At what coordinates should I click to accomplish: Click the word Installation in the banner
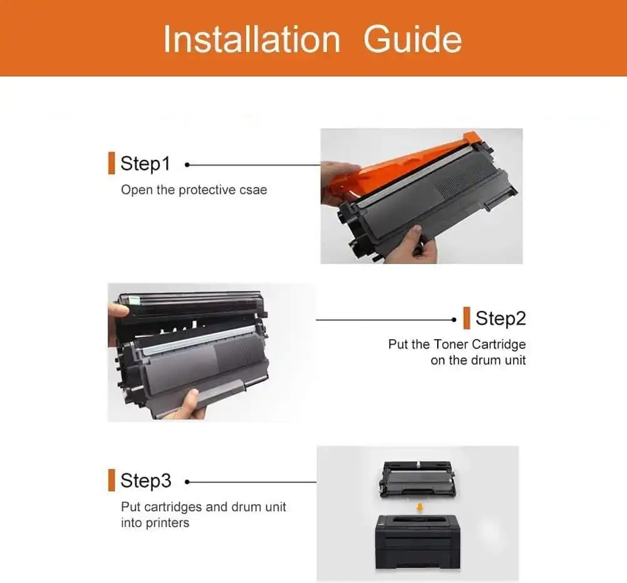tap(252, 39)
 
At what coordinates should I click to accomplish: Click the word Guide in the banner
tap(413, 39)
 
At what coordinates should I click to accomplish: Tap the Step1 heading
tap(145, 164)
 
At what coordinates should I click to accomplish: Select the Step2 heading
tap(500, 318)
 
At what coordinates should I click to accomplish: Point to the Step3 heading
tap(146, 481)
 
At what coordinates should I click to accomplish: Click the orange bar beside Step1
tap(111, 163)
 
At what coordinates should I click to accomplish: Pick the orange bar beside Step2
tap(467, 318)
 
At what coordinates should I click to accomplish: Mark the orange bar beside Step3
tap(111, 480)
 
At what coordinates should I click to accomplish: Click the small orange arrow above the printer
tap(420, 507)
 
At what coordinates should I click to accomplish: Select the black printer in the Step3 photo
tap(418, 542)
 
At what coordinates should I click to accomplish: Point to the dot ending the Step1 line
tap(187, 164)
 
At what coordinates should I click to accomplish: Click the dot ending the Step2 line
tap(453, 320)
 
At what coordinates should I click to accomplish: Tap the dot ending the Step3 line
tap(187, 482)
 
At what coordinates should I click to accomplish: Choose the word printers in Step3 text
tap(167, 523)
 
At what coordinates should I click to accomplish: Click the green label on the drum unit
tap(134, 299)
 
